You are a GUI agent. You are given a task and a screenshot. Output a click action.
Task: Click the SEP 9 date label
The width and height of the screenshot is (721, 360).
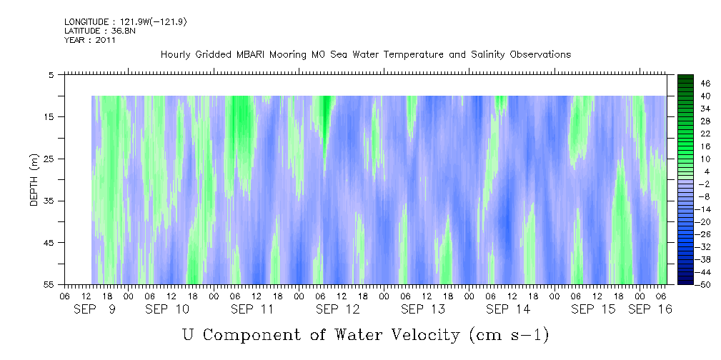coord(95,309)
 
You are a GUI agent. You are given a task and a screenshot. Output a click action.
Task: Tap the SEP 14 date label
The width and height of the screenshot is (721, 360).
coord(507,309)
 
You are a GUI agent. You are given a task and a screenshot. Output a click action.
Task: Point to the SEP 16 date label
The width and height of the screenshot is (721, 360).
coord(650,309)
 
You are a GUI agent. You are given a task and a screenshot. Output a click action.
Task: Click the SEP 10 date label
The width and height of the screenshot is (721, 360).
coord(167,309)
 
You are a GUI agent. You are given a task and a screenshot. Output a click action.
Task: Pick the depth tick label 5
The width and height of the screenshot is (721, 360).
coord(51,74)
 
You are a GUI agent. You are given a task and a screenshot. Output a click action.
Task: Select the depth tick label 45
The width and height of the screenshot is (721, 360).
coord(49,243)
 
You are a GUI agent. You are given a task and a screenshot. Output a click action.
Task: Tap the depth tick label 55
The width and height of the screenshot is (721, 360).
coord(49,285)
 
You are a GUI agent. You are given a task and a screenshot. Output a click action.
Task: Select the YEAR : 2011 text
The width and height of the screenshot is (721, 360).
coord(90,40)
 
